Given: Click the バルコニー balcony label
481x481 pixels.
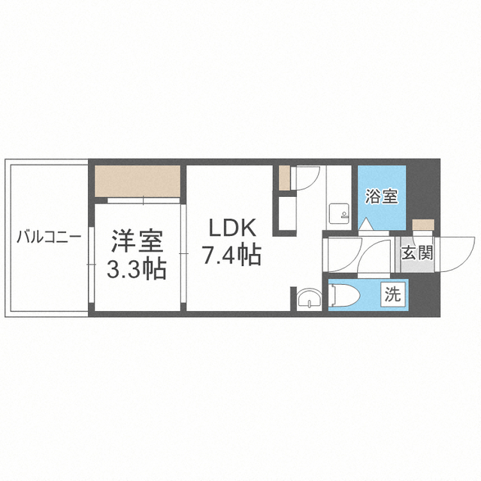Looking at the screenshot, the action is [x=49, y=237].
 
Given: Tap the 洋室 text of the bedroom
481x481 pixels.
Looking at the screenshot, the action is [x=137, y=241].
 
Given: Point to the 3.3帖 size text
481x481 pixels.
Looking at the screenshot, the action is [x=137, y=268].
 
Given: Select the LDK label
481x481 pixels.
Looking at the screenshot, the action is [x=232, y=228].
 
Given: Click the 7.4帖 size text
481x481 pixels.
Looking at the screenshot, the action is [x=231, y=255].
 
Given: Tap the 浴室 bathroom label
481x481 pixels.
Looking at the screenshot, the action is [x=381, y=197].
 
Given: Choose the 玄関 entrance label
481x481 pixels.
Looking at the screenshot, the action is [x=417, y=253].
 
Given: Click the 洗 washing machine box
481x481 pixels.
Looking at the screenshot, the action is [x=393, y=295].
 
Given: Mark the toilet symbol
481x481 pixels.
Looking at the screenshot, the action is [x=344, y=295].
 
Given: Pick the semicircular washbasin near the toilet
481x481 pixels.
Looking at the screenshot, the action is [x=309, y=298].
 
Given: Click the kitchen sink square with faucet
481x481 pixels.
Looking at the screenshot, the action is [x=339, y=213].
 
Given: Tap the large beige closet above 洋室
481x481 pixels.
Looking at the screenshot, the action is [x=137, y=181].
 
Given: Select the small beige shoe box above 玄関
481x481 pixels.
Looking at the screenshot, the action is [x=423, y=225].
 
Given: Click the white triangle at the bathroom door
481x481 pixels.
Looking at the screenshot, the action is [x=365, y=225].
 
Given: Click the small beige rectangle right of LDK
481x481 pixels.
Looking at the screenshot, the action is [x=284, y=178].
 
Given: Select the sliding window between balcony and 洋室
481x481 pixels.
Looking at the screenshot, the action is [x=91, y=265].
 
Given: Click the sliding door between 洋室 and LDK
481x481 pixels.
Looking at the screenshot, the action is [x=183, y=253].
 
